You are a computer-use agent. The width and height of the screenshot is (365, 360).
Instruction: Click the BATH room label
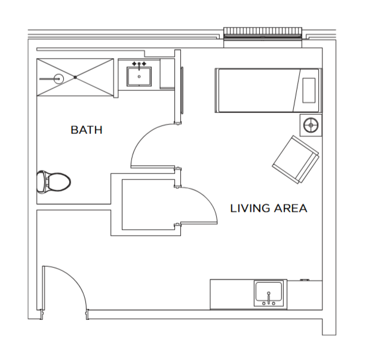(x=87, y=130)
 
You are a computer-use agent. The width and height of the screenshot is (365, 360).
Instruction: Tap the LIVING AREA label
(x=269, y=208)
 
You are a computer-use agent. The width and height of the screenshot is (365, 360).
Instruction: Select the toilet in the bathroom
(x=54, y=182)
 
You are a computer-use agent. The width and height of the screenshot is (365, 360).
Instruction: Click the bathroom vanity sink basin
(x=139, y=77)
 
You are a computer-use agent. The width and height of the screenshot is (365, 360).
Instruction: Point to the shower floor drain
(x=75, y=77)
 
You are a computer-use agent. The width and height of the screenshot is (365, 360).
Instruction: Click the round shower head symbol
(x=59, y=79)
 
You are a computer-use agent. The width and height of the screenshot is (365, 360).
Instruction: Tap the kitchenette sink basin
(x=269, y=291)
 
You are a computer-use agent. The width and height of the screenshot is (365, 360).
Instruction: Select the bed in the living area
(x=268, y=90)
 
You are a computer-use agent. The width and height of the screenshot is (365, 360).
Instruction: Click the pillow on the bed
(x=309, y=90)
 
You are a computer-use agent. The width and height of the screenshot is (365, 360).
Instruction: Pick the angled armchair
(x=296, y=160)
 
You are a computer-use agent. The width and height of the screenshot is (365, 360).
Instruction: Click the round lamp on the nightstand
(x=311, y=125)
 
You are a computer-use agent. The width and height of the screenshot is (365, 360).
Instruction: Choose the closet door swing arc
(x=207, y=198)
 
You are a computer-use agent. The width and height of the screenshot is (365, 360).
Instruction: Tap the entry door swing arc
(x=75, y=280)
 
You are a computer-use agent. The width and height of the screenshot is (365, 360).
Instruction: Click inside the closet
(x=148, y=205)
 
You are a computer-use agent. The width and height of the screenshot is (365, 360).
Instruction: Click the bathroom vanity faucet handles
(x=139, y=63)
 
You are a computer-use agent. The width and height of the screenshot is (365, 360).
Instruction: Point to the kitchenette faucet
(x=269, y=298)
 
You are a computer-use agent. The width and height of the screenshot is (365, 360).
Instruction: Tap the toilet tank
(x=41, y=182)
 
